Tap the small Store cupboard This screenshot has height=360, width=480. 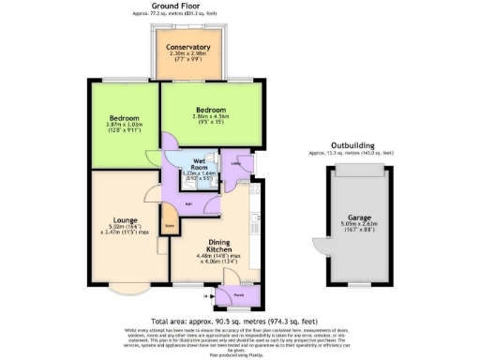[170, 225]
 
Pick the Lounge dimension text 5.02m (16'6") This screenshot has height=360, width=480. [113, 226]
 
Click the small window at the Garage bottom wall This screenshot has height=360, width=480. [362, 282]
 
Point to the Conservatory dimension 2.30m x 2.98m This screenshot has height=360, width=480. [187, 54]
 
